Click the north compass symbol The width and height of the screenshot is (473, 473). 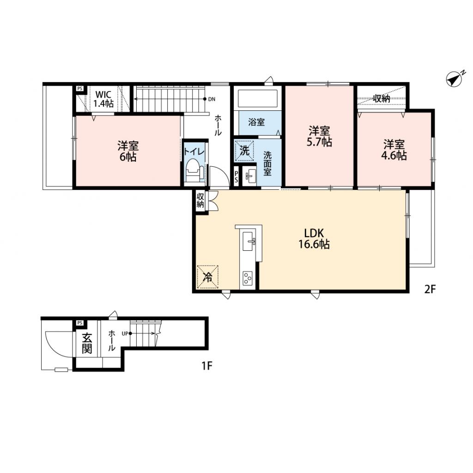point(455,79)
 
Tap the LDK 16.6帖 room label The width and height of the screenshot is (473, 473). point(314,238)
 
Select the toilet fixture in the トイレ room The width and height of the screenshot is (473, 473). point(193,171)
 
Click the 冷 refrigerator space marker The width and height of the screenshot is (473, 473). point(207,277)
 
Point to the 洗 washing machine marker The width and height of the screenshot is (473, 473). point(244,151)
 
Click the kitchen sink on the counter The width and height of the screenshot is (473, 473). point(249,241)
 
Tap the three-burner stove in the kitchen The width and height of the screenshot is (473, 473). point(248,278)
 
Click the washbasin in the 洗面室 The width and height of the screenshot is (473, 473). point(250,176)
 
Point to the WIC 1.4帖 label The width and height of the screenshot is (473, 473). point(103,99)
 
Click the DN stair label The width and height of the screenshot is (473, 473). point(212,99)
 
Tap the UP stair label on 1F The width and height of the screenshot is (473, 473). point(125,334)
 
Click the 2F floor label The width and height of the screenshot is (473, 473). point(430,290)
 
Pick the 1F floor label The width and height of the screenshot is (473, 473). point(207,366)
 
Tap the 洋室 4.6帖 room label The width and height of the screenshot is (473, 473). point(394,150)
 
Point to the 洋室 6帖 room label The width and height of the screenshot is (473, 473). point(128,152)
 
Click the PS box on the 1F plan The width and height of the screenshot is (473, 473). point(79,323)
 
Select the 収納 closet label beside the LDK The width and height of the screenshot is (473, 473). point(200,200)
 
